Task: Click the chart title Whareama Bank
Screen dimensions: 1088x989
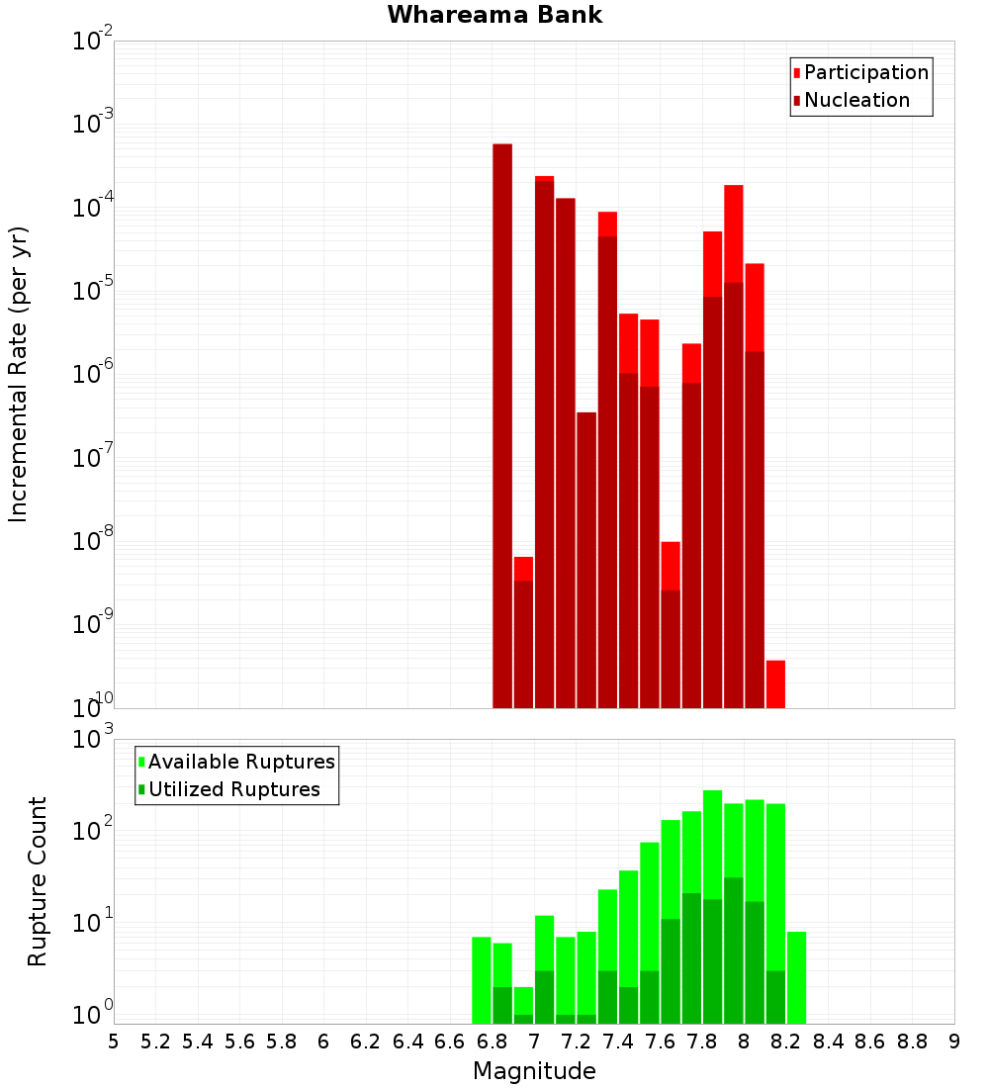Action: pyautogui.click(x=494, y=15)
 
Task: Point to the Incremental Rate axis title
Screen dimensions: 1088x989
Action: pyautogui.click(x=19, y=374)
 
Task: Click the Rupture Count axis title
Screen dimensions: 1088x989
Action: pyautogui.click(x=38, y=881)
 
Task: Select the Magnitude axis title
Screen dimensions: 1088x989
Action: pyautogui.click(x=534, y=1071)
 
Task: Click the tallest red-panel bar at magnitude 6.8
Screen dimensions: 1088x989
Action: pyautogui.click(x=502, y=425)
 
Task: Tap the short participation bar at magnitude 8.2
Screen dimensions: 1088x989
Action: pyautogui.click(x=775, y=683)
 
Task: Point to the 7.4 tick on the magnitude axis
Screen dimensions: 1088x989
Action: pyautogui.click(x=618, y=1042)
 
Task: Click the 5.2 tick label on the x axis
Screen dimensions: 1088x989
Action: pyautogui.click(x=155, y=1042)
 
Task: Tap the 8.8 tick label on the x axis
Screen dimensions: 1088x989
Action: pyautogui.click(x=912, y=1042)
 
